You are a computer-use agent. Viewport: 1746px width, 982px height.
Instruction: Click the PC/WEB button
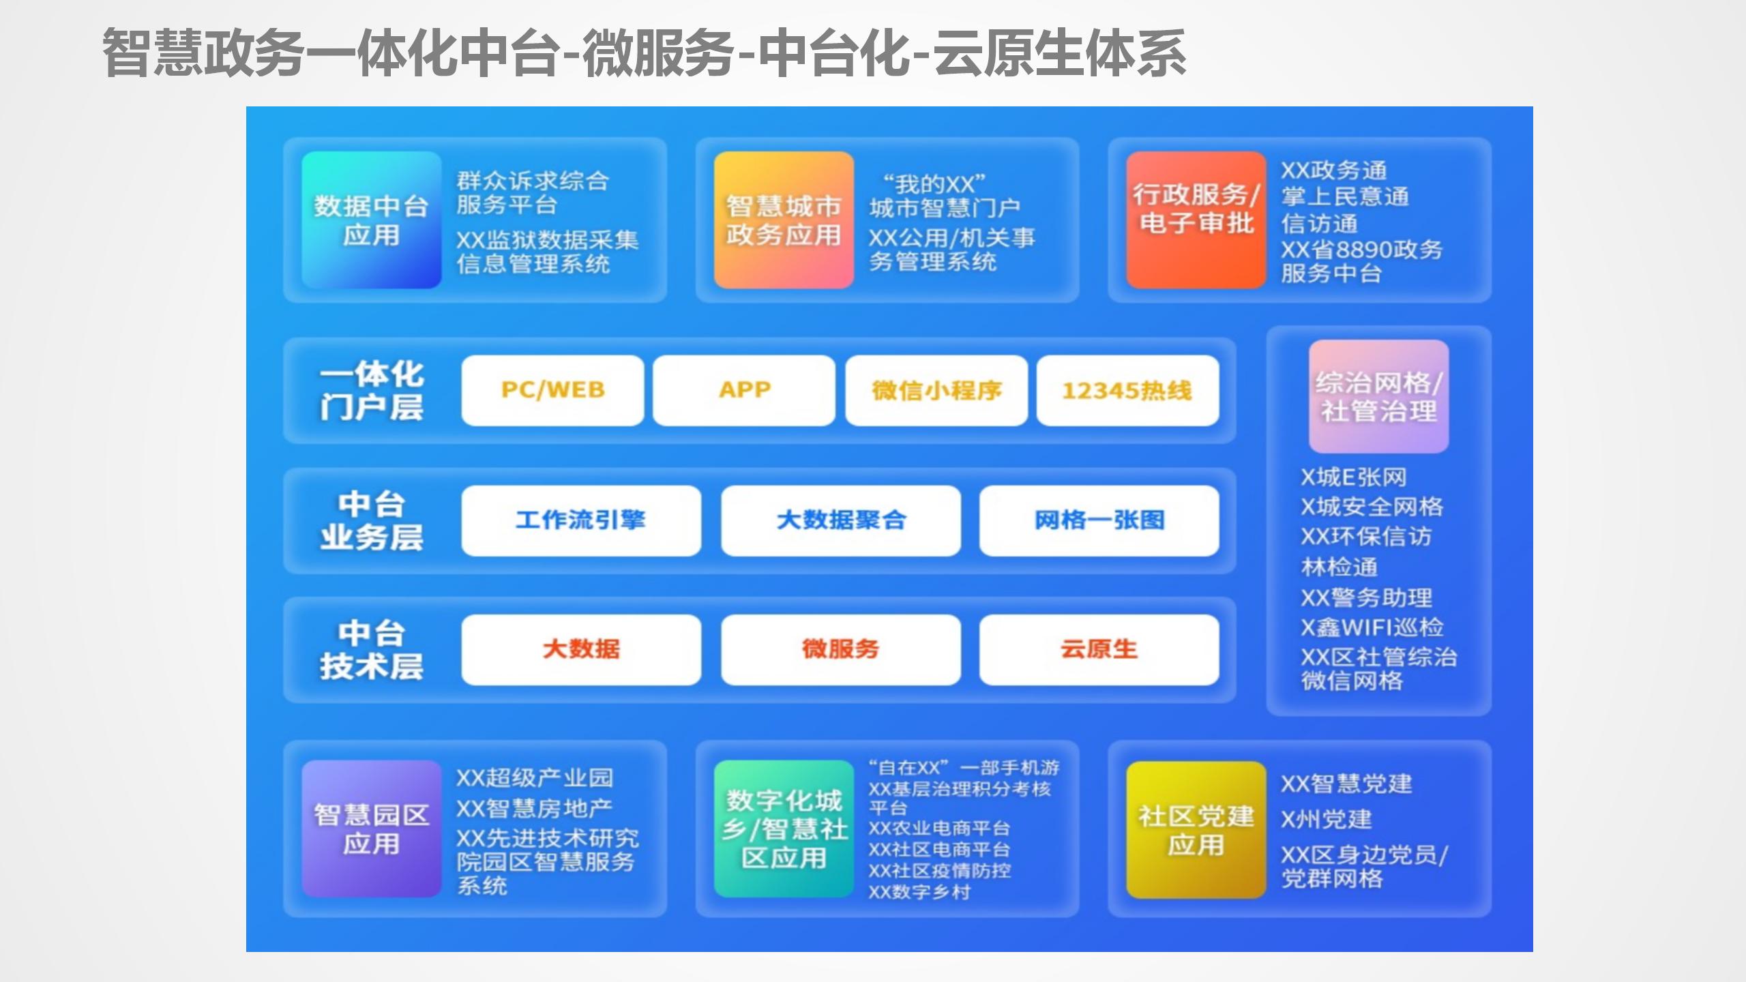pyautogui.click(x=552, y=390)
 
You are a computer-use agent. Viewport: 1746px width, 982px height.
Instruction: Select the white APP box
pyautogui.click(x=744, y=390)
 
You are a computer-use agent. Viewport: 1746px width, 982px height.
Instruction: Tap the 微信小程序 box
pyautogui.click(x=936, y=390)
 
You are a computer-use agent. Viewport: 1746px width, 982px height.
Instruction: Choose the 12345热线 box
pyautogui.click(x=1127, y=390)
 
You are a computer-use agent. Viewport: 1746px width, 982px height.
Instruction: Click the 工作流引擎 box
pyautogui.click(x=581, y=520)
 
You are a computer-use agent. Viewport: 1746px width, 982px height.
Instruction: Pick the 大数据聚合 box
pyautogui.click(x=841, y=520)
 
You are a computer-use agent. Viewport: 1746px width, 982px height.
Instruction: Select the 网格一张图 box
pyautogui.click(x=1099, y=520)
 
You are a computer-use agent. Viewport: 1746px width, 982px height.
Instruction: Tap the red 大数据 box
pyautogui.click(x=581, y=649)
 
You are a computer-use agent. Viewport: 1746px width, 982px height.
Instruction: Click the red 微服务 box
pyautogui.click(x=841, y=649)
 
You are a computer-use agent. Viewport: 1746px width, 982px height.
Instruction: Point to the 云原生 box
pyautogui.click(x=1099, y=649)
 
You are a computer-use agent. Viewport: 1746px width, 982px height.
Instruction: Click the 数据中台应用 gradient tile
pyautogui.click(x=372, y=220)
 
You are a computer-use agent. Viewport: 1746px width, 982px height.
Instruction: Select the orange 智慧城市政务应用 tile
pyautogui.click(x=784, y=220)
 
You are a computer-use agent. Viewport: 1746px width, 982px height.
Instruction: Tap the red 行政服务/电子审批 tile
pyautogui.click(x=1196, y=220)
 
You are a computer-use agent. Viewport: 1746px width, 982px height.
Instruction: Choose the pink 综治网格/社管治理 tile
pyautogui.click(x=1378, y=396)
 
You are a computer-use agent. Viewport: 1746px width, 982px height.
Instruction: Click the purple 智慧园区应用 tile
pyautogui.click(x=372, y=829)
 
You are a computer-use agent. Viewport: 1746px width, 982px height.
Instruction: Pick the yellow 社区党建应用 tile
pyautogui.click(x=1196, y=829)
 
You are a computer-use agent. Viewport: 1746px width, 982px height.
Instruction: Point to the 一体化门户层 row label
pyautogui.click(x=372, y=391)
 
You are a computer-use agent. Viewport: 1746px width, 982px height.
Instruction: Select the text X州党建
pyautogui.click(x=1327, y=819)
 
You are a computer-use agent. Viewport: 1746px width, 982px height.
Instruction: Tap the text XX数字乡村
pyautogui.click(x=919, y=892)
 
